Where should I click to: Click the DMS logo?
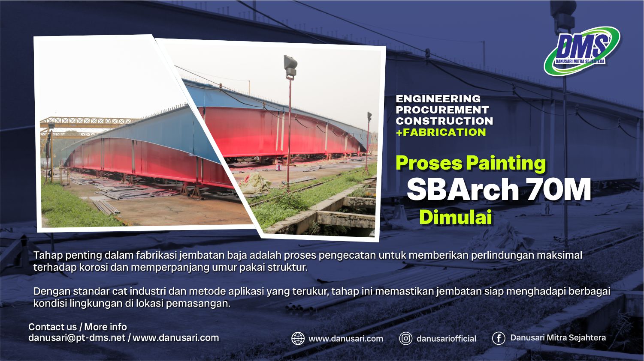coord(581,51)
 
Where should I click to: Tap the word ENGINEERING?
coord(438,99)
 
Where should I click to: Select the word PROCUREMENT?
coord(442,110)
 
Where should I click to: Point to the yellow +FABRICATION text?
coord(441,132)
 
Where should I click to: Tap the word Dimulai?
coord(455,218)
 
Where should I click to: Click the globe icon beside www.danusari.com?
coord(298,338)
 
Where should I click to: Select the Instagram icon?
coord(405,338)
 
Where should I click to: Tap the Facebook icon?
coord(498,338)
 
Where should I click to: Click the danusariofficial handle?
coord(446,339)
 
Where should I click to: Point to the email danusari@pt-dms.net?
coord(77,337)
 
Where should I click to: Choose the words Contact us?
coord(52,327)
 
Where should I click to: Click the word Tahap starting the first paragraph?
coord(48,255)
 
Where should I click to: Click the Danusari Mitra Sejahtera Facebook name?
coord(558,338)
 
